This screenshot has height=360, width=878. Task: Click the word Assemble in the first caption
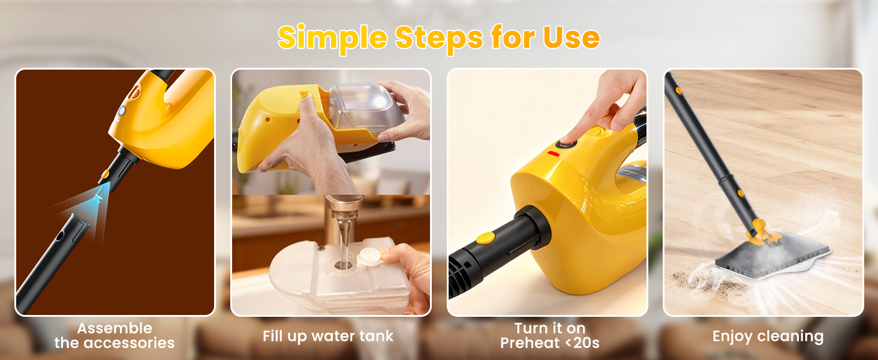[115, 328]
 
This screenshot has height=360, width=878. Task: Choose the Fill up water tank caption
[328, 336]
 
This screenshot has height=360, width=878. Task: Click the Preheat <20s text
[550, 343]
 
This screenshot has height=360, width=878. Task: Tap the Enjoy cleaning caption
[768, 336]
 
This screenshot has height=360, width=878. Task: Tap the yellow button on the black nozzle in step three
[486, 238]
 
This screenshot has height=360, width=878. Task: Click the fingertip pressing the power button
[567, 139]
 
